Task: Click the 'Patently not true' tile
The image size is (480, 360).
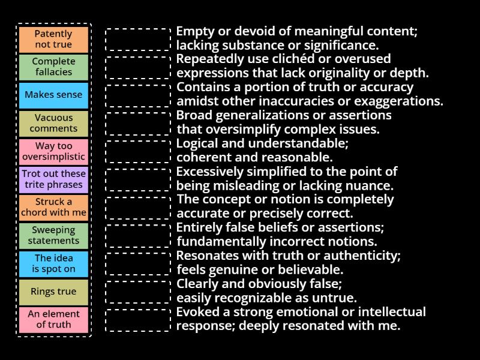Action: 53,39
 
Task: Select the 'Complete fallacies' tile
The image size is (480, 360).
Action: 53,67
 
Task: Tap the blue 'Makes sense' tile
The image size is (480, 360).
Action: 53,95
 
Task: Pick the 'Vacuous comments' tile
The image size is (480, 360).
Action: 53,123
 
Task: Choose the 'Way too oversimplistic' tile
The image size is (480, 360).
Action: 53,151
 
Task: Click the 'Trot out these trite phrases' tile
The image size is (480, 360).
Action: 53,179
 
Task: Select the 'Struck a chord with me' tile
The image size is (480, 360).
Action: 53,207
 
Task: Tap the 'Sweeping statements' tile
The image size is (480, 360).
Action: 53,235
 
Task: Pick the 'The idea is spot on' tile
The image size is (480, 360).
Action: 53,263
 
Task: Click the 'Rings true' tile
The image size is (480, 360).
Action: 53,292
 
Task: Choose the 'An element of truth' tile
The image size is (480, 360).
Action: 53,319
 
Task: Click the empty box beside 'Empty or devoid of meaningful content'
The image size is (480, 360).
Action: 138,39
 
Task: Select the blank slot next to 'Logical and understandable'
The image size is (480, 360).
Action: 138,151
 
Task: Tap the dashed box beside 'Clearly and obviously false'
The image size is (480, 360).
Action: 138,292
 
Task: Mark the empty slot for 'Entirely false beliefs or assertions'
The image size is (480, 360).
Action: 138,235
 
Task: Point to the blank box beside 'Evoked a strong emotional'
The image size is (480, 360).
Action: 138,320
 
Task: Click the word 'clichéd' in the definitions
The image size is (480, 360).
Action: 280,59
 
